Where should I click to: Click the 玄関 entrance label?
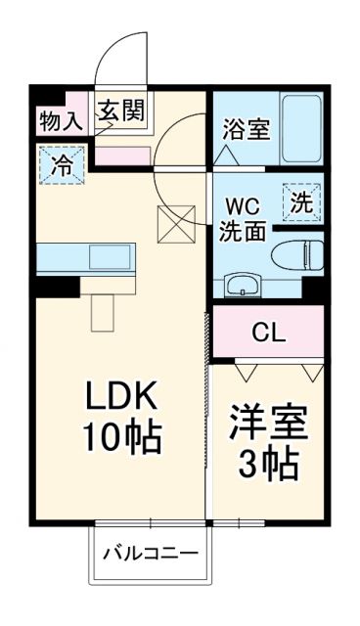120,111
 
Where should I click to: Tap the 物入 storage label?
60,121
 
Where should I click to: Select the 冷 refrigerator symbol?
61,163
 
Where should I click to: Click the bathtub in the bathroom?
302,130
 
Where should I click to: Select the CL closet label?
268,333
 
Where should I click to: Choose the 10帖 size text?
120,439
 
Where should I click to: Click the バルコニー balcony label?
152,554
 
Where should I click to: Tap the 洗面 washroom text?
243,233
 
